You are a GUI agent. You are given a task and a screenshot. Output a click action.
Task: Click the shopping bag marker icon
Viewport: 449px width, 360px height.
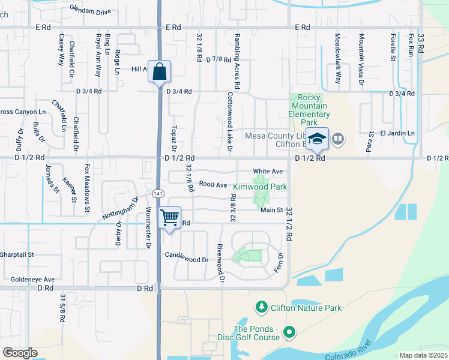tap(159, 72)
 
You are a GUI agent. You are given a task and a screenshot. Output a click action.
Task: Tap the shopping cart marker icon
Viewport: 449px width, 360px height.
tap(170, 217)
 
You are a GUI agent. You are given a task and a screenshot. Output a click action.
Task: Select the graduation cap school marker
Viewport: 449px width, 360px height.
tap(317, 140)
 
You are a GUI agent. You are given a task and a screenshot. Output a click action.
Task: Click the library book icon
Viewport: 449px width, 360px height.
tap(338, 140)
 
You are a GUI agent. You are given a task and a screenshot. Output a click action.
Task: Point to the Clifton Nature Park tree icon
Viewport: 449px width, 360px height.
tap(261, 308)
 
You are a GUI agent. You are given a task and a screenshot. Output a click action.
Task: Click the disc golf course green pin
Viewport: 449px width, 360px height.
tap(289, 332)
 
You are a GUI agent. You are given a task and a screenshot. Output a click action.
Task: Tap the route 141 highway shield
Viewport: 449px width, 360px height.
tap(157, 193)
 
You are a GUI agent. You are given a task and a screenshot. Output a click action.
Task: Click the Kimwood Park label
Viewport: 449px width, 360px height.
tap(260, 187)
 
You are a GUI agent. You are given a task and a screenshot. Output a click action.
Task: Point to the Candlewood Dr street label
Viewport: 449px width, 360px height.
tap(187, 260)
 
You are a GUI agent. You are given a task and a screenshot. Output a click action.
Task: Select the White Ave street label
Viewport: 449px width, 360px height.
tap(267, 171)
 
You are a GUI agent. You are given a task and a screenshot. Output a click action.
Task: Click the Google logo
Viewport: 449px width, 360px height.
tap(20, 353)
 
